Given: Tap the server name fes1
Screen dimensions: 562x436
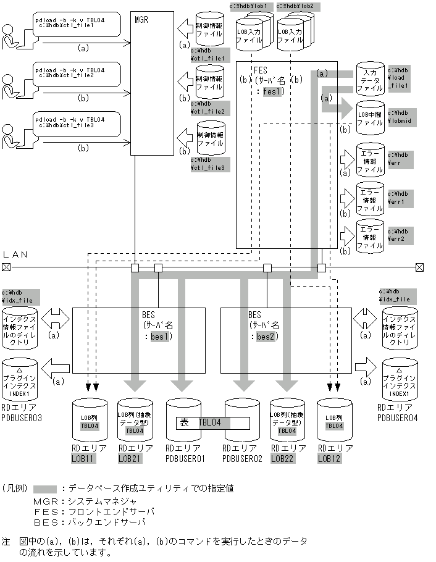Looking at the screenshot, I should (272, 91).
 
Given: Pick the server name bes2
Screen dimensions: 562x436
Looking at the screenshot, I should (264, 337).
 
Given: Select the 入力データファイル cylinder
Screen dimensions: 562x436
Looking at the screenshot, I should (369, 79).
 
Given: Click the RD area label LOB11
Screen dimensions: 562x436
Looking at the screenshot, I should (82, 458).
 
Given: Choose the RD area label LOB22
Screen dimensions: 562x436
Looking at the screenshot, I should (283, 458).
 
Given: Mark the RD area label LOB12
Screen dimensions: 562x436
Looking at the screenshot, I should (330, 458).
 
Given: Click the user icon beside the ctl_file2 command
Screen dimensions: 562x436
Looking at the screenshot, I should (10, 85).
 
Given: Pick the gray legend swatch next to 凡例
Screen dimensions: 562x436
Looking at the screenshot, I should (45, 488).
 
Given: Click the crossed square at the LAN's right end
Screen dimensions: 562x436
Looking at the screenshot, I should (419, 267).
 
